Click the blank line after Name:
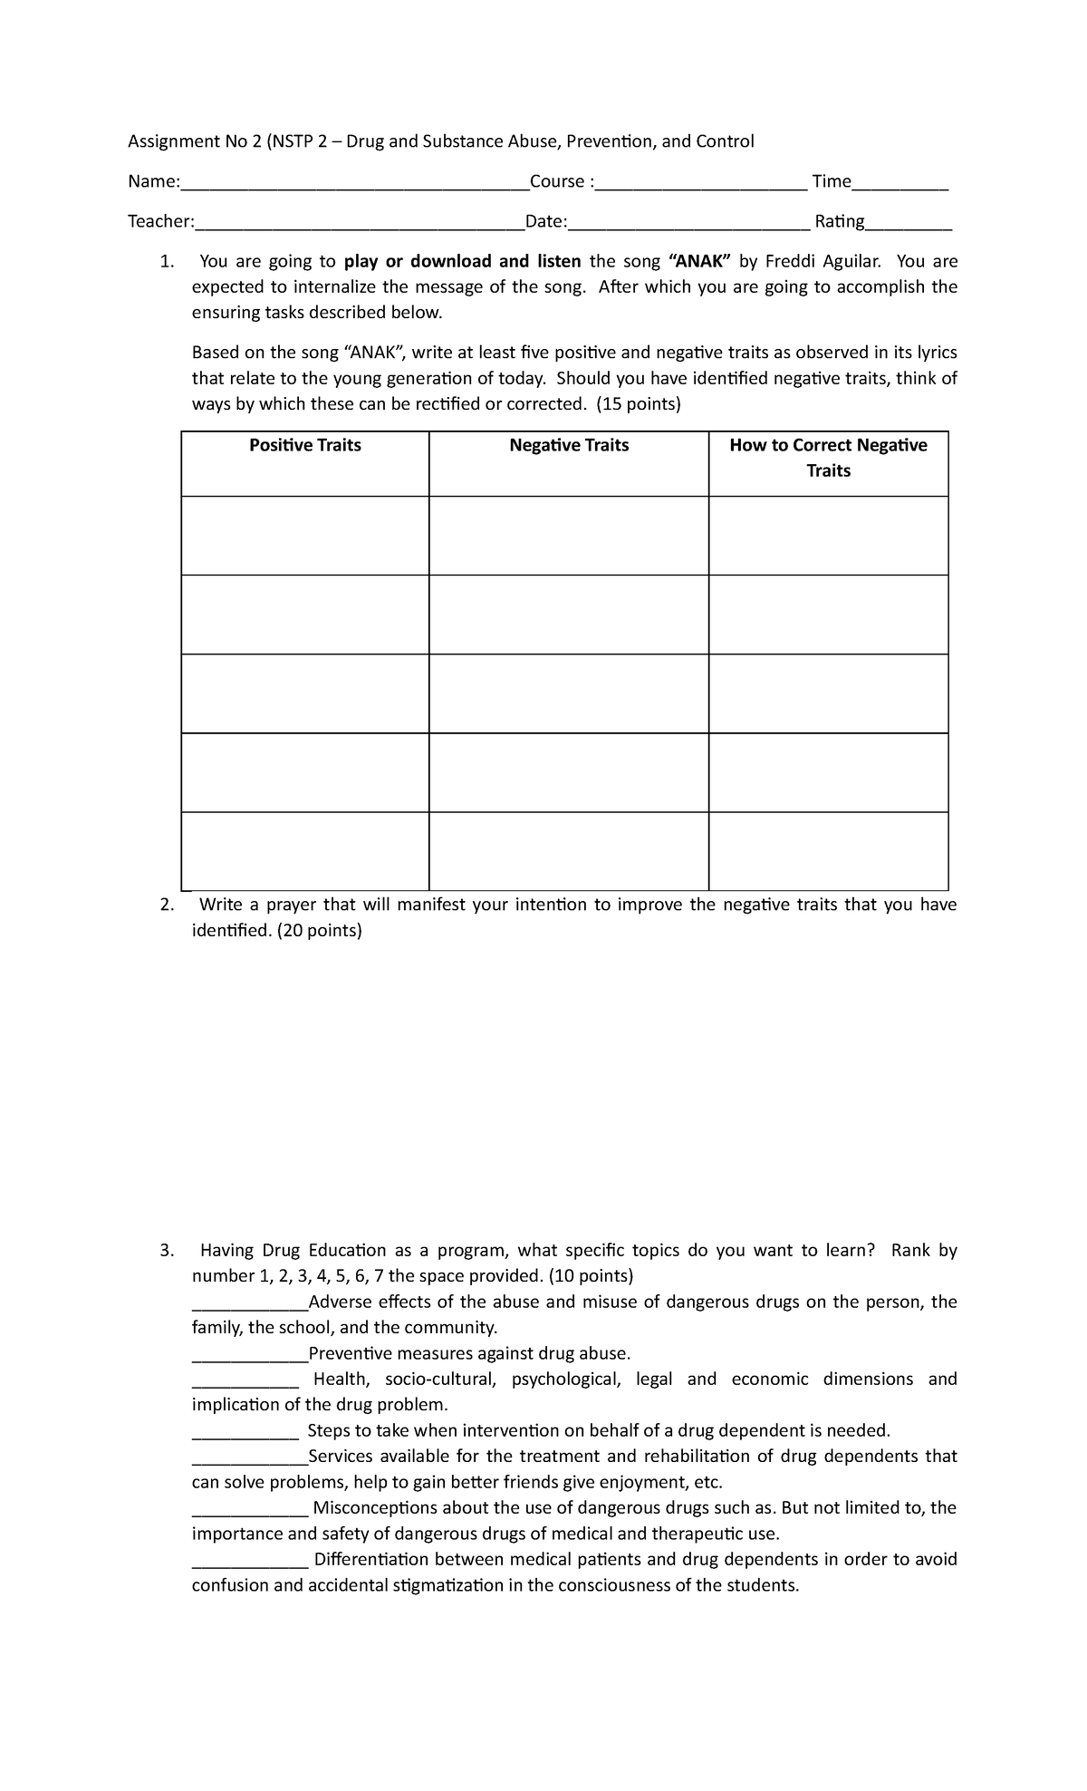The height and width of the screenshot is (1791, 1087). (354, 186)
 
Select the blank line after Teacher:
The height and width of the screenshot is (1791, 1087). (360, 226)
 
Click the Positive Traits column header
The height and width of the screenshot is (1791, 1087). (305, 445)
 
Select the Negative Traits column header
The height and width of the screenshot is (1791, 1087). (569, 445)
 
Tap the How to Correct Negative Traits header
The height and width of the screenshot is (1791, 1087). (828, 458)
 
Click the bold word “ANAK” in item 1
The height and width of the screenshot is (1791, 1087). (698, 262)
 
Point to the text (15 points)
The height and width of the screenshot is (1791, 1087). (638, 404)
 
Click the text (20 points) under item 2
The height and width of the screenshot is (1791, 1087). (319, 931)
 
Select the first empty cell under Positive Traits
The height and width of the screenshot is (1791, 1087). (305, 536)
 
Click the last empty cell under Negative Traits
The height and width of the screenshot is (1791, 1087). (569, 851)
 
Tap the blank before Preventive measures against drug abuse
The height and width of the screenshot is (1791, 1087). (250, 1357)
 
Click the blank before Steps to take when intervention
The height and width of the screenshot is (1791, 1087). (245, 1434)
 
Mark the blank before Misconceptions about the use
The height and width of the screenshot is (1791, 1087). (250, 1511)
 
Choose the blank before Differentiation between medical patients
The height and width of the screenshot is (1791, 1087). (250, 1563)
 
